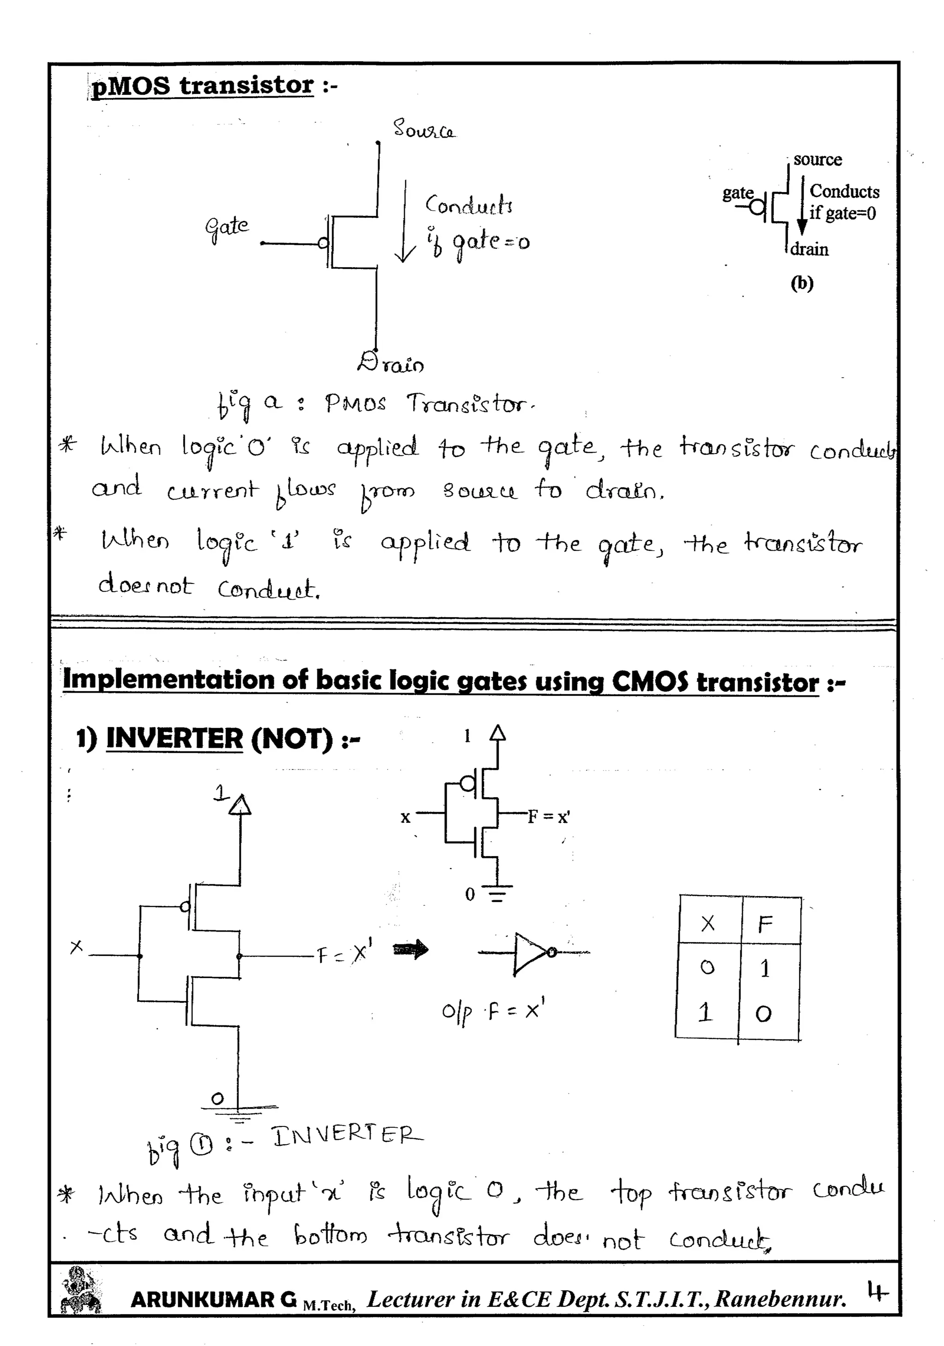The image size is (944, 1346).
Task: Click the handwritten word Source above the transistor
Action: point(424,129)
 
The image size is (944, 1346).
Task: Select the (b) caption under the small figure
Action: point(802,283)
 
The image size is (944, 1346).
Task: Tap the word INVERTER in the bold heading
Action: point(174,738)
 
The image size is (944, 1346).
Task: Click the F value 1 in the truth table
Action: point(765,968)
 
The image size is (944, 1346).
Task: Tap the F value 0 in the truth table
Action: point(763,1014)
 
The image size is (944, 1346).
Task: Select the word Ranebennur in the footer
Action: point(780,1299)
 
